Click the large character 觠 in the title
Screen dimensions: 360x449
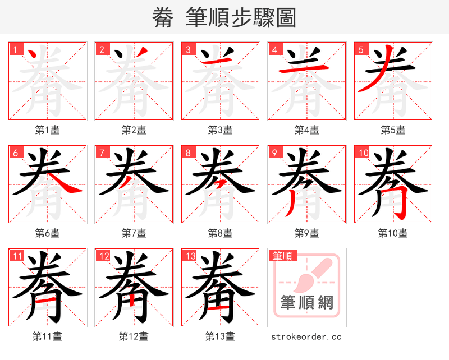click(163, 17)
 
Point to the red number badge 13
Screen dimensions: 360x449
click(190, 256)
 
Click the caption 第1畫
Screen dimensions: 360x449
click(48, 130)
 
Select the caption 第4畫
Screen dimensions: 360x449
click(307, 130)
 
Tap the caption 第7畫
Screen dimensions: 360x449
click(134, 233)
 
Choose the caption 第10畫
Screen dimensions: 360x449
click(393, 233)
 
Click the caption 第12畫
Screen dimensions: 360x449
click(134, 336)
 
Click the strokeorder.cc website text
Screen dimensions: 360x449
click(306, 336)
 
